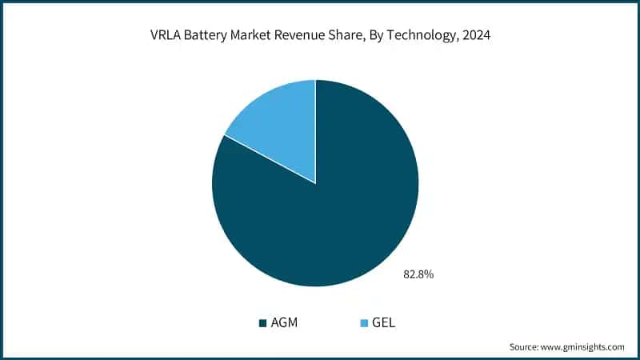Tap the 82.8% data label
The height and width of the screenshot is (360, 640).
(418, 274)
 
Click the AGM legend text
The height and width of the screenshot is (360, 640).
(284, 323)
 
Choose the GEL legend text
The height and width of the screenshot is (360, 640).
(383, 323)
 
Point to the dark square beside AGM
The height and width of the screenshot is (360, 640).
(262, 323)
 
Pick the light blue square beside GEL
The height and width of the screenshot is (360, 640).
(364, 323)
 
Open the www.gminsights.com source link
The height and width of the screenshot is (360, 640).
(584, 347)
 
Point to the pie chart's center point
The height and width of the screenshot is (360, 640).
(315, 183)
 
